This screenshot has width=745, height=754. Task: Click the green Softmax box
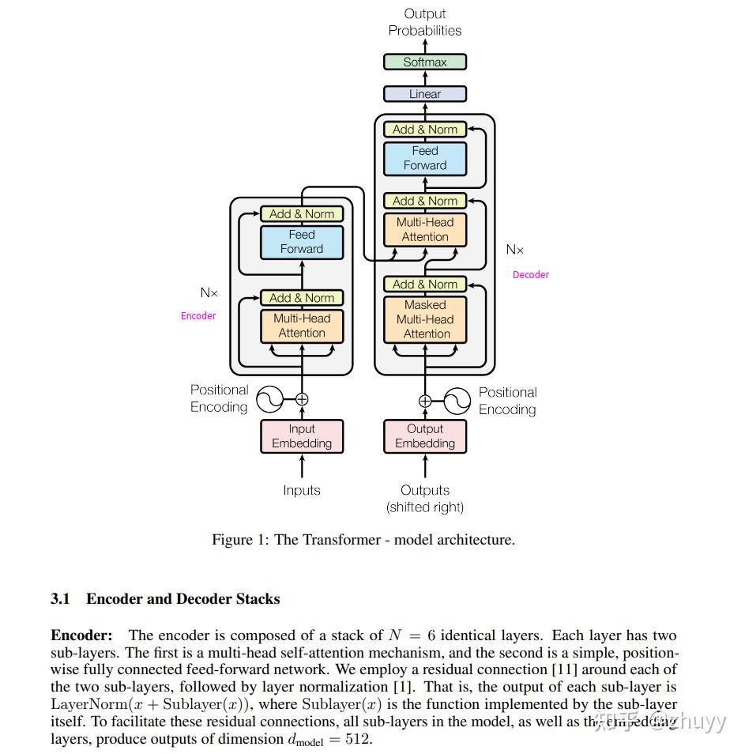(x=425, y=62)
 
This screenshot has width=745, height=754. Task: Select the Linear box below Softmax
(x=425, y=94)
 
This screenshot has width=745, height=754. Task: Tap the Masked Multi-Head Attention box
(x=425, y=319)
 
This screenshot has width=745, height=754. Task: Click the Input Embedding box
(x=302, y=436)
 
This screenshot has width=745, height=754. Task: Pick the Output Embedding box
(x=425, y=436)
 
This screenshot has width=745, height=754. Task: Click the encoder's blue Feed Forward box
(x=302, y=242)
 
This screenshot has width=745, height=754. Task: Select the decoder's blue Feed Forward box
(x=425, y=158)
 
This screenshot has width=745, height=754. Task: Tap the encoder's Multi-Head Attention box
(x=302, y=326)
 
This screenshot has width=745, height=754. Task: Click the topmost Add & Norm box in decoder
(x=425, y=130)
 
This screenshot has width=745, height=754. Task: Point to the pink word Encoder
(x=198, y=316)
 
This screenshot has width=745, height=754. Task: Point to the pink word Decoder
(x=531, y=275)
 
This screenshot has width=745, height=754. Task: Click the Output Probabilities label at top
(x=425, y=22)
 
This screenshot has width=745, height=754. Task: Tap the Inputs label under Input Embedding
(x=302, y=491)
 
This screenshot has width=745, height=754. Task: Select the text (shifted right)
(x=425, y=507)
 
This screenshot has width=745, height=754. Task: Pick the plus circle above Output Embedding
(x=425, y=401)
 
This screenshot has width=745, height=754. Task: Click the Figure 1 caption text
(x=363, y=541)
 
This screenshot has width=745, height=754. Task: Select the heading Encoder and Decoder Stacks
(x=183, y=599)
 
